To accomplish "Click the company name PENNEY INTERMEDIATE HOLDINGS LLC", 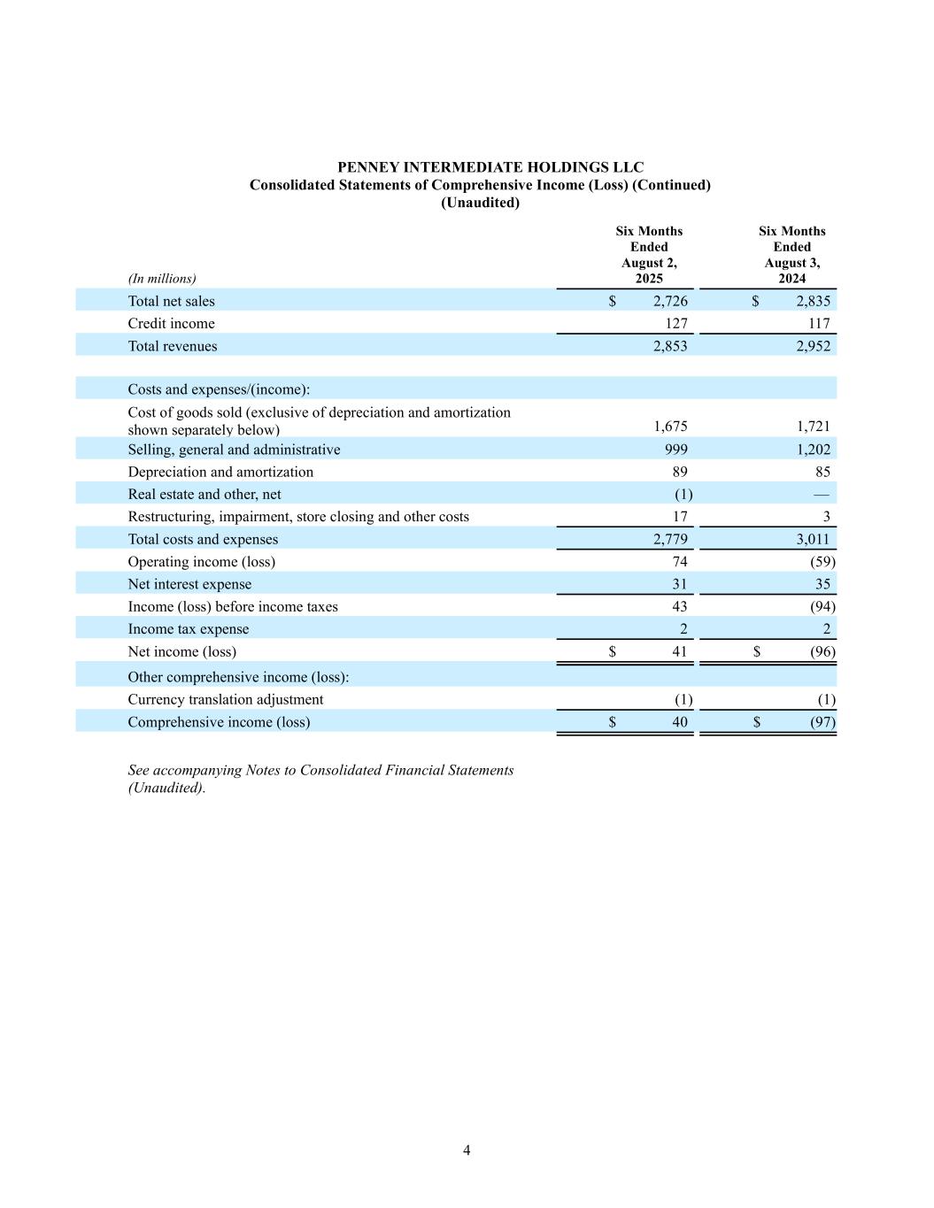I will coord(490,167).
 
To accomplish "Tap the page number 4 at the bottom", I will coord(467,1150).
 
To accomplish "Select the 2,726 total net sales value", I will coord(670,302).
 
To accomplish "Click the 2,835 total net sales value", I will coord(814,302).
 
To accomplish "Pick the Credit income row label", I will coord(171,324).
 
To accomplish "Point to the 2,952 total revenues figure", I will coord(814,347).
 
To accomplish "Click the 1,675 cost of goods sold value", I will coord(670,427).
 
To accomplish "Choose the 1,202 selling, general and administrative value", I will coord(814,450).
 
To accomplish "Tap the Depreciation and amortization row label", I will coord(220,473).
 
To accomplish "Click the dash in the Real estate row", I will coord(822,495).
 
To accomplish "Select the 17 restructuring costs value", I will coord(679,517).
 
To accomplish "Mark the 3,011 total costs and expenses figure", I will coord(812,540).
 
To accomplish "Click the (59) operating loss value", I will coord(822,562).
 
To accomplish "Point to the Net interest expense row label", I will coord(189,585).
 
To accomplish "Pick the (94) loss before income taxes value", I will coord(822,607).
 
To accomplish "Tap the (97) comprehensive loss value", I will coord(822,722).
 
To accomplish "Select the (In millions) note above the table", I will coord(162,279).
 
